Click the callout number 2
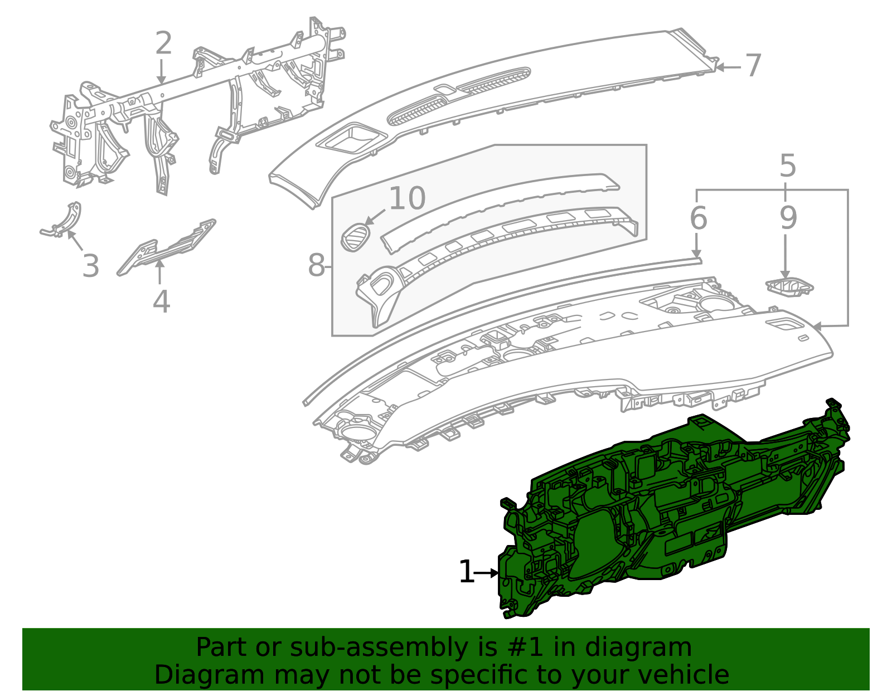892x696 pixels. pos(163,43)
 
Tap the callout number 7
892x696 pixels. pos(753,66)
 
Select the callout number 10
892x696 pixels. pos(407,198)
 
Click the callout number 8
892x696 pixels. pos(316,265)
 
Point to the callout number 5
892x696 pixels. pos(788,166)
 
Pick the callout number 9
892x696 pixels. pos(788,218)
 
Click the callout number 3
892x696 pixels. pos(90,266)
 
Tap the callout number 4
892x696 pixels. pos(161,301)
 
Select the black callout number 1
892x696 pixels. pos(466,572)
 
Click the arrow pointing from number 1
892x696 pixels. pos(486,573)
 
